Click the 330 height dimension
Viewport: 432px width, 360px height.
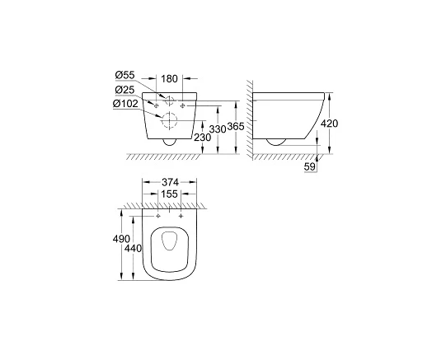tap(215, 130)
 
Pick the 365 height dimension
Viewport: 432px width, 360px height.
tap(236, 127)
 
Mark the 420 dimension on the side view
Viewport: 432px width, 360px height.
tap(330, 124)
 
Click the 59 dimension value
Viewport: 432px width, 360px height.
tap(310, 167)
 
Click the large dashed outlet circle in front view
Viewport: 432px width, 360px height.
tap(171, 122)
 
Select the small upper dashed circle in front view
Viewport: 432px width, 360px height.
tap(171, 102)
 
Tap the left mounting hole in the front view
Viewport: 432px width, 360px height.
tap(156, 105)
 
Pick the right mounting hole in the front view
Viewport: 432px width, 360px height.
tap(185, 105)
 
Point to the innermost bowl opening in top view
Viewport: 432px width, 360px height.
tap(169, 244)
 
